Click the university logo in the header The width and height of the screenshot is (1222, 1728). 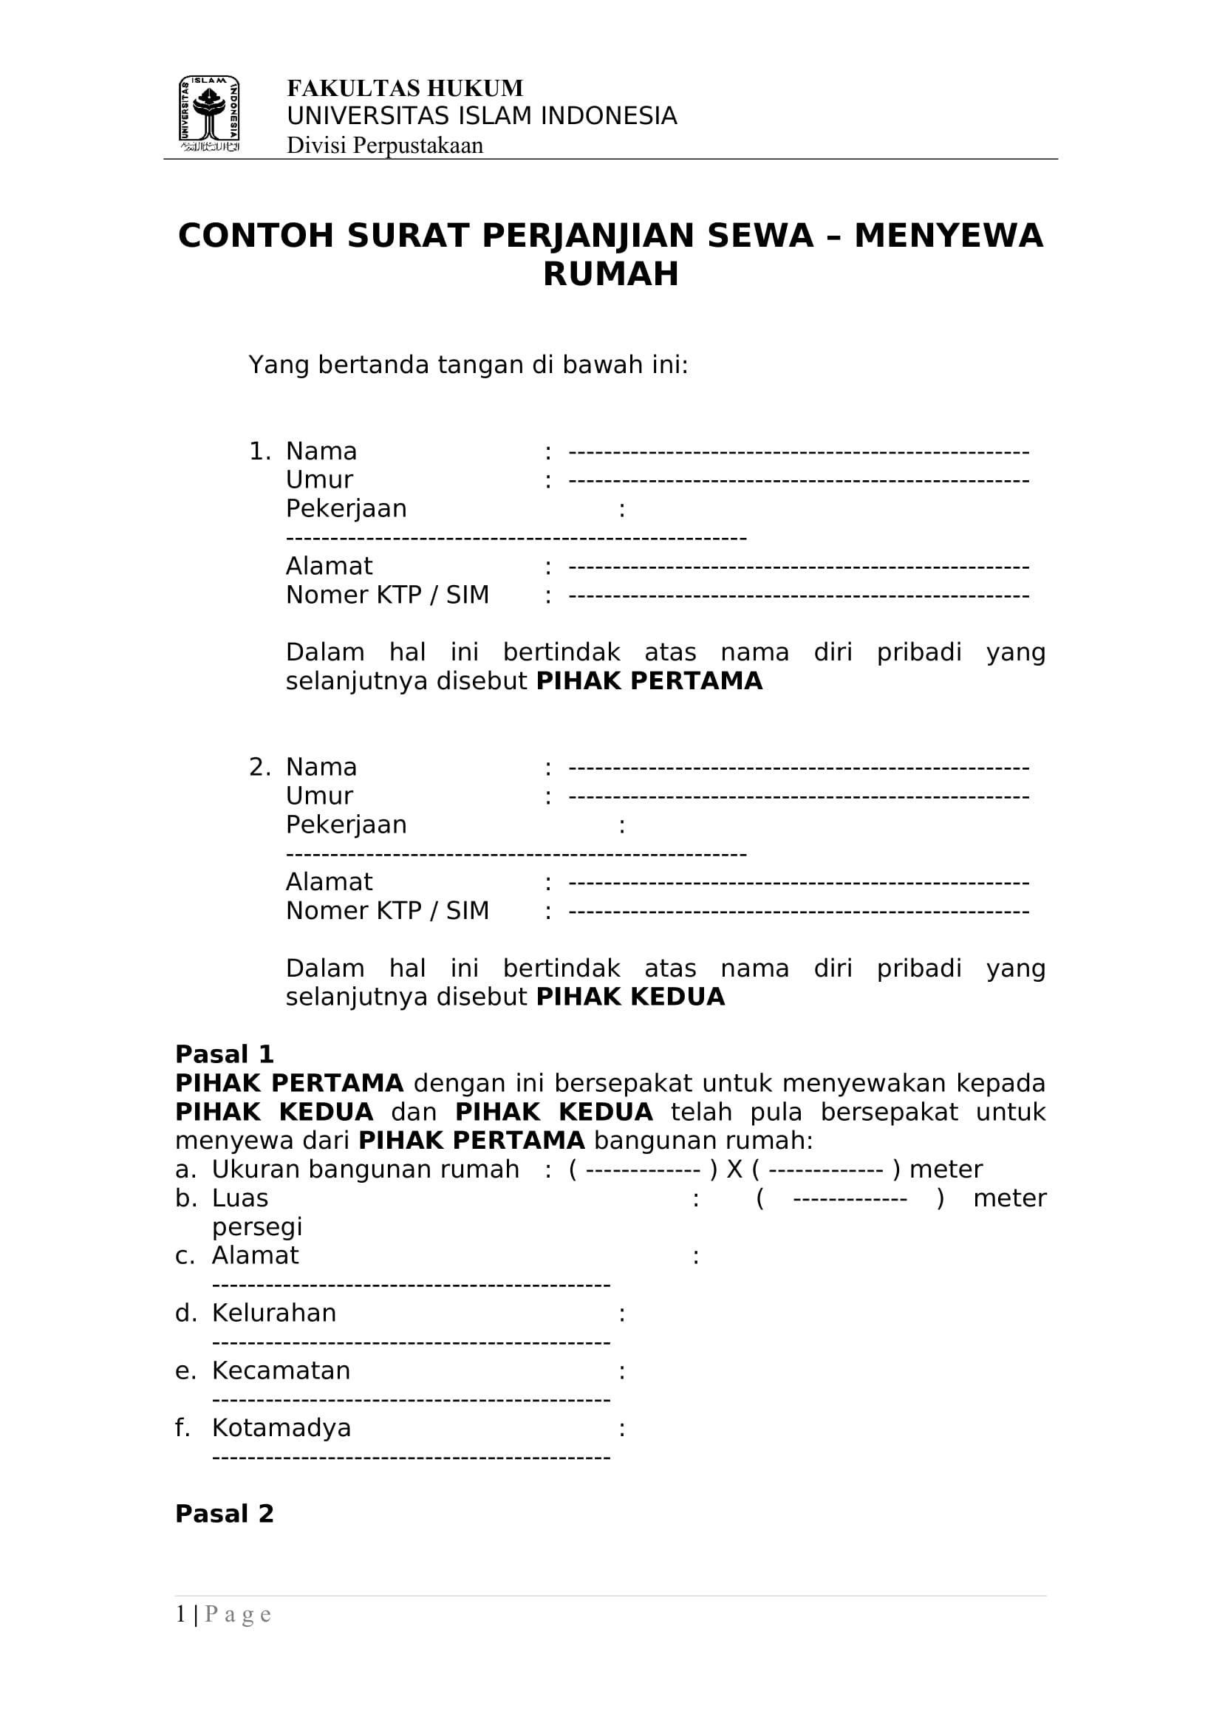tap(209, 113)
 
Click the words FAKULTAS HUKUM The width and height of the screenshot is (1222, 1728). tap(405, 89)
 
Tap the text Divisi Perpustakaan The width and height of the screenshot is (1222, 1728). tap(384, 146)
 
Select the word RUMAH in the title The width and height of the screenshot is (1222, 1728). tap(610, 274)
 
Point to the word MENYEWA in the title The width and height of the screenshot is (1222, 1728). tap(948, 236)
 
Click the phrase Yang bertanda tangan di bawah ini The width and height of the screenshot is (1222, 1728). tap(468, 365)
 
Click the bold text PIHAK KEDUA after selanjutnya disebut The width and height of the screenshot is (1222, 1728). tap(629, 997)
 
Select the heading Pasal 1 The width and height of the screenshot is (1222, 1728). tap(225, 1053)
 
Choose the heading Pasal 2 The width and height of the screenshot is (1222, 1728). tap(225, 1514)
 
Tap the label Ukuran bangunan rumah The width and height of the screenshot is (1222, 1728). tap(365, 1169)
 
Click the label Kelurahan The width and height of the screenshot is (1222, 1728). tap(274, 1313)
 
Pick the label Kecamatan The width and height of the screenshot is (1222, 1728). tap(281, 1370)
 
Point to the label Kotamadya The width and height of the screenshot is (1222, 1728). tap(281, 1428)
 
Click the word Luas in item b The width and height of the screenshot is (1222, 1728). tap(240, 1198)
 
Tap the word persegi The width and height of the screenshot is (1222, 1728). tap(256, 1227)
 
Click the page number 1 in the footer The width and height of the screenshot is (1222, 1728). tap(180, 1614)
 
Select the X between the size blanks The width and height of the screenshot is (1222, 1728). tap(734, 1169)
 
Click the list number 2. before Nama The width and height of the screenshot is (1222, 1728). tap(259, 767)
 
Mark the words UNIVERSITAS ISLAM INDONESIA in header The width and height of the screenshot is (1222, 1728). tap(482, 116)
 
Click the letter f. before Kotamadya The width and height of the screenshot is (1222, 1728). tap(182, 1428)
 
